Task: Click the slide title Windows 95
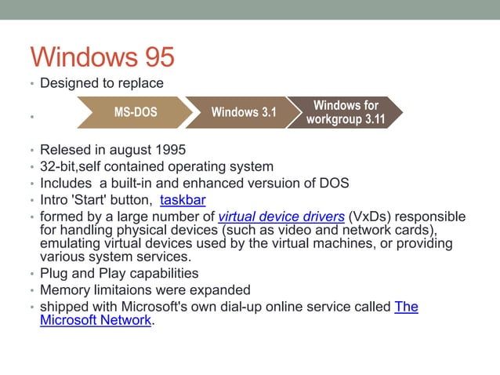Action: coord(102,57)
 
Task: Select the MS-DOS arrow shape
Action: coord(135,112)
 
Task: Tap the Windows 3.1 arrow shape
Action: coord(243,112)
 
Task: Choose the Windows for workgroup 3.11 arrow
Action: coord(345,112)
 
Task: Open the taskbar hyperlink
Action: coord(183,200)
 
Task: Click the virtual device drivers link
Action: coord(281,217)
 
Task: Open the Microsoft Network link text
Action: coord(95,320)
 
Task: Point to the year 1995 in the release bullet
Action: coord(170,149)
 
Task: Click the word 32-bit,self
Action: coord(71,166)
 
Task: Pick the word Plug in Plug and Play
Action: coord(53,273)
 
